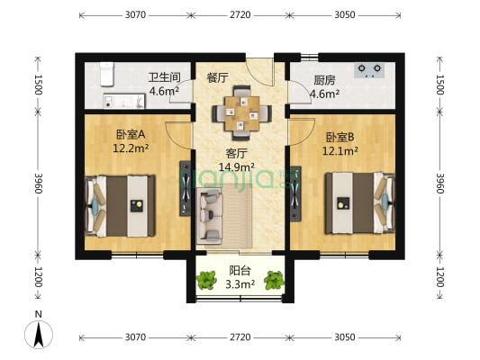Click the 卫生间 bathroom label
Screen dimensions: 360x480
point(166,77)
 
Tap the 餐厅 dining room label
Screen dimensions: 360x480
point(217,77)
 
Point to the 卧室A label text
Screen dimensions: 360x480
point(131,135)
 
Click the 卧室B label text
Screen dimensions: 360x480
point(340,137)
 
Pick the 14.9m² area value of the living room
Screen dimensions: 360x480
point(238,166)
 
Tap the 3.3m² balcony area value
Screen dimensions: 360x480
point(240,283)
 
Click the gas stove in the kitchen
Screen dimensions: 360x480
point(369,68)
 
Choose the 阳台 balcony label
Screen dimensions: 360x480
point(240,270)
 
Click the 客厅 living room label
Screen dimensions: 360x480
point(237,153)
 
